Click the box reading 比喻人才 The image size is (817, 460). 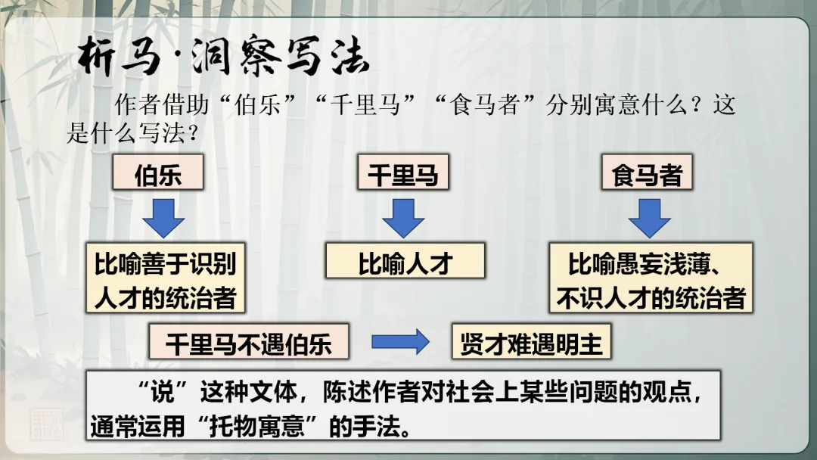(x=405, y=262)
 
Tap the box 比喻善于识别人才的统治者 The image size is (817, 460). (x=166, y=278)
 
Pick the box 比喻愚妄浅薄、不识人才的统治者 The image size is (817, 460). (x=651, y=278)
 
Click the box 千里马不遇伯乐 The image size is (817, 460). (x=249, y=342)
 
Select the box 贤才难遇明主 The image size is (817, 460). (x=531, y=342)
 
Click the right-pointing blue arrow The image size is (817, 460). (x=400, y=342)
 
